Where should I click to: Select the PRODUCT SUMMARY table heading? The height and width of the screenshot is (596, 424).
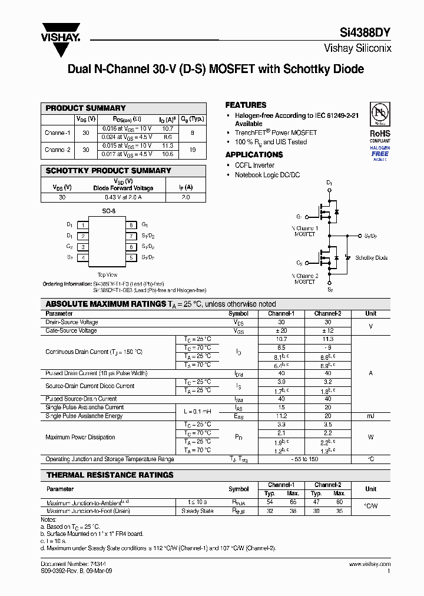pos(86,108)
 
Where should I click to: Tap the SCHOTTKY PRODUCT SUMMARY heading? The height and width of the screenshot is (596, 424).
pos(108,171)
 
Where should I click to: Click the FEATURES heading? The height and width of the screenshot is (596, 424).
pos(246,105)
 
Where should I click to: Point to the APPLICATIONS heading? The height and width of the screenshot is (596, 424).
pos(254,155)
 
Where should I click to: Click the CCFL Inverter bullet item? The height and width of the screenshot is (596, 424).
pos(254,165)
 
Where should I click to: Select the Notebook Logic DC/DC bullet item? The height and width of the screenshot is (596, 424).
pos(267,175)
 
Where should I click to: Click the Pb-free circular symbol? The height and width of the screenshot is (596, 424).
pos(380,113)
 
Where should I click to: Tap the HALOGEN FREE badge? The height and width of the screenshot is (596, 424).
pos(380,153)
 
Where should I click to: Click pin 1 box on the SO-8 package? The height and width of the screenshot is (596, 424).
pos(84,225)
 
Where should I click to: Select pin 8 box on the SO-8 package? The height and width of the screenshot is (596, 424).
pos(131,225)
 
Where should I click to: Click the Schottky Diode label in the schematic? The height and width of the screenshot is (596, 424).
pos(372,258)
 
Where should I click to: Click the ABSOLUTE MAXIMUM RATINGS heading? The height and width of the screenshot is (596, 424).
pos(105,304)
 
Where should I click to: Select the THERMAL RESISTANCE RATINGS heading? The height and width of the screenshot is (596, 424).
pos(110,475)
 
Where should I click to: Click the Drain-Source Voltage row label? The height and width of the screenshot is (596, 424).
pos(72,322)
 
